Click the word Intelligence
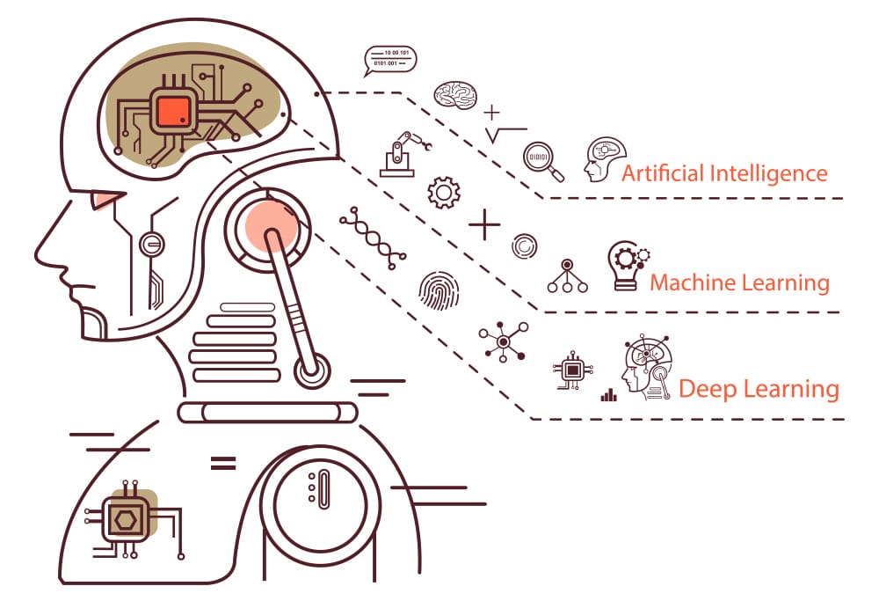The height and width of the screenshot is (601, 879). [x=768, y=173]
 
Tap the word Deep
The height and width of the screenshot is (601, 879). [x=705, y=389]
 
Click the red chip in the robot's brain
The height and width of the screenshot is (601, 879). [x=174, y=111]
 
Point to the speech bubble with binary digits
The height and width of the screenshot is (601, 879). [x=390, y=60]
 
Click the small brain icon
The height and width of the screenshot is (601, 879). [x=455, y=94]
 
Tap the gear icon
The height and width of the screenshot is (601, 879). [x=444, y=193]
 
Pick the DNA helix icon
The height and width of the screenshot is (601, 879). [x=372, y=238]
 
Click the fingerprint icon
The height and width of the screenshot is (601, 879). [x=439, y=290]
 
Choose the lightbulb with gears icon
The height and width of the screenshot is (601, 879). [x=628, y=266]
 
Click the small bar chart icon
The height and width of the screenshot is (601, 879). [x=609, y=395]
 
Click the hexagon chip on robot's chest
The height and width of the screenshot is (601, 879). [x=125, y=520]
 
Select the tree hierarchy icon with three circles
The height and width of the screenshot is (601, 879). [x=567, y=276]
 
